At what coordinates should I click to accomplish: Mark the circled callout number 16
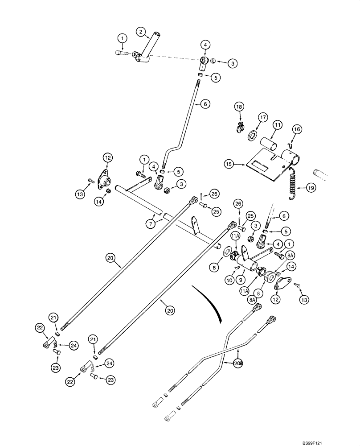(297, 129)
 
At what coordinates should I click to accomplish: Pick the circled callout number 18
(239, 107)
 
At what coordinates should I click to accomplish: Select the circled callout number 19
(311, 188)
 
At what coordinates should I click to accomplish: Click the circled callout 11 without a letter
(276, 126)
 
